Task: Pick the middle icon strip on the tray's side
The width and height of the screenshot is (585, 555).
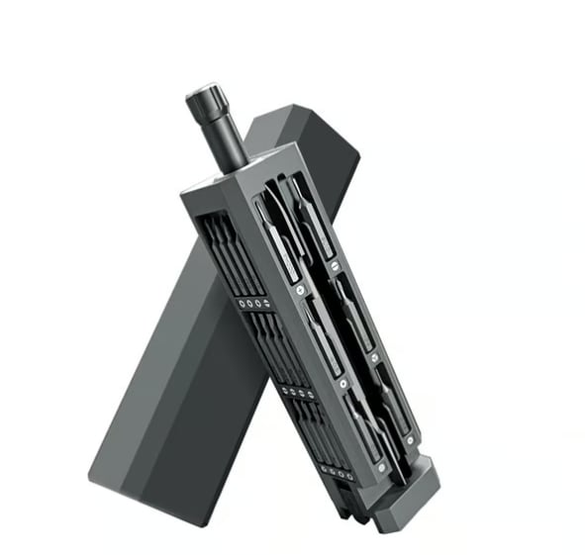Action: click(x=297, y=393)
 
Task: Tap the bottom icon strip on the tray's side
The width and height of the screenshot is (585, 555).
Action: click(x=340, y=473)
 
